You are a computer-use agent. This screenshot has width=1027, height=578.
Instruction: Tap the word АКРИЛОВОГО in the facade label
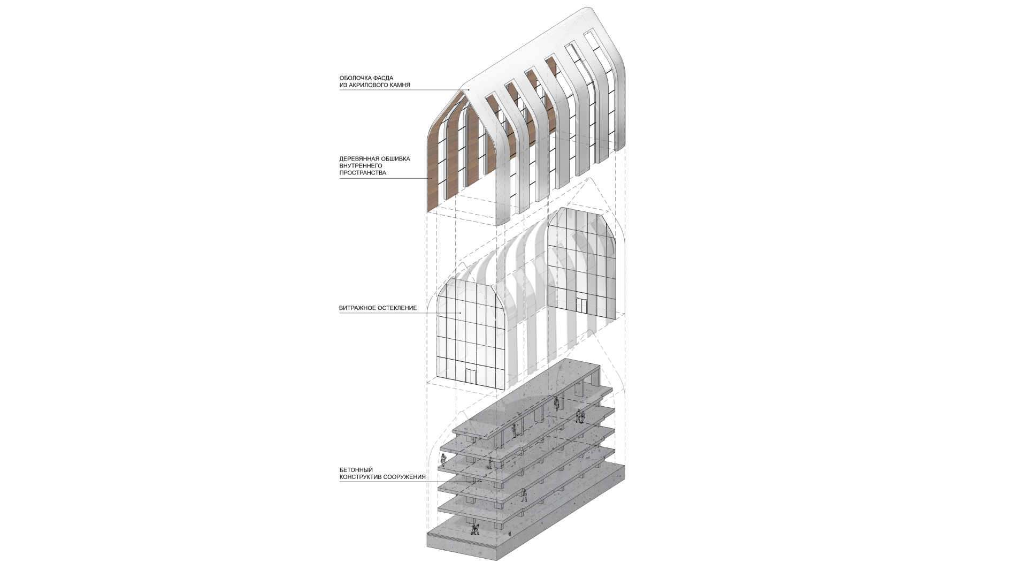[x=365, y=85]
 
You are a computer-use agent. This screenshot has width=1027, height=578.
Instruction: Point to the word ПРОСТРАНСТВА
[x=363, y=173]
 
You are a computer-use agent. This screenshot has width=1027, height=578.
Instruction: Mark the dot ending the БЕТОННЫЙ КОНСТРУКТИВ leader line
[x=481, y=481]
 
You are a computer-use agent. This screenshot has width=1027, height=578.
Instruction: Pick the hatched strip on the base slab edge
[x=462, y=541]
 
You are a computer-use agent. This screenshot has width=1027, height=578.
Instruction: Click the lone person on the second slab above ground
[x=525, y=495]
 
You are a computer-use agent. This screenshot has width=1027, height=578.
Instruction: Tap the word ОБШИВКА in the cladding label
[x=395, y=159]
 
